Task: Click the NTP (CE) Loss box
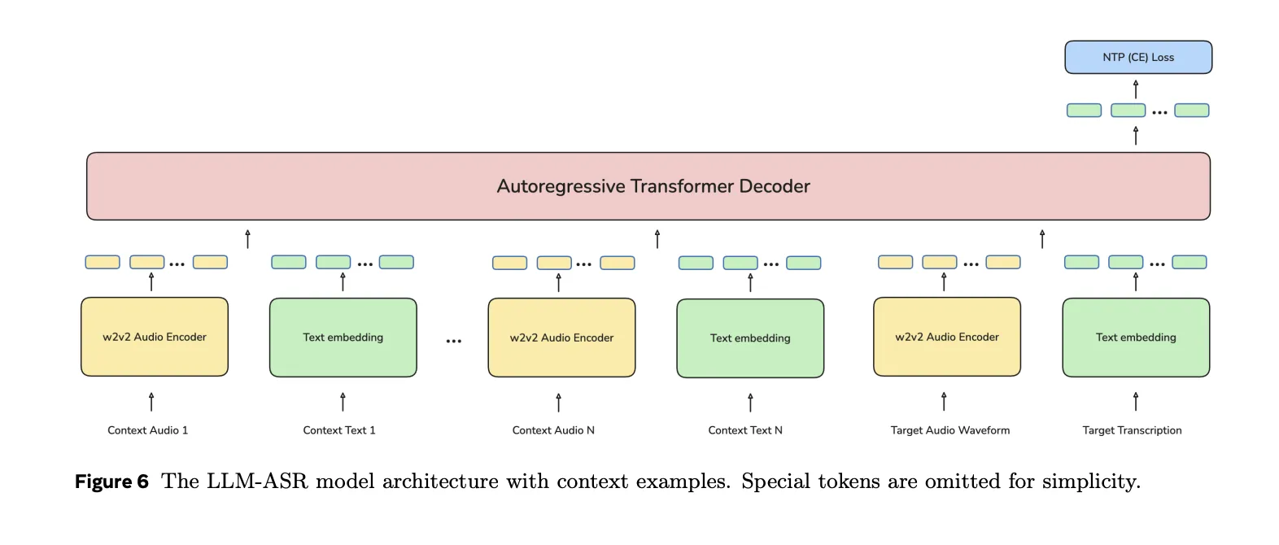point(1137,57)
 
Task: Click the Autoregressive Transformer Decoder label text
point(653,186)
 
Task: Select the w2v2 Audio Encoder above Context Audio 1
point(155,337)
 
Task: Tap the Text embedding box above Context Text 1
point(343,338)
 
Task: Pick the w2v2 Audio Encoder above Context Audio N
point(561,338)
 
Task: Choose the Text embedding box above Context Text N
point(750,338)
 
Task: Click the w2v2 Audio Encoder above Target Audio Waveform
point(946,337)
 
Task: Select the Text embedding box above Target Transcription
point(1136,338)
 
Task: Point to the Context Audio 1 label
point(147,430)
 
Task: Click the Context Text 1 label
point(339,430)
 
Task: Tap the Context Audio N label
point(553,430)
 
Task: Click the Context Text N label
point(745,430)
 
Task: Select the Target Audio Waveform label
point(949,430)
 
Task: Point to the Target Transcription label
point(1132,430)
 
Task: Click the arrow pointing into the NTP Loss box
point(1136,89)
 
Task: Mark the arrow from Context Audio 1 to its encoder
point(151,402)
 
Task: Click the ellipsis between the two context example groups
point(453,341)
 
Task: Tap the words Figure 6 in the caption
point(111,482)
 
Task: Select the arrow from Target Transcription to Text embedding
point(1136,401)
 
